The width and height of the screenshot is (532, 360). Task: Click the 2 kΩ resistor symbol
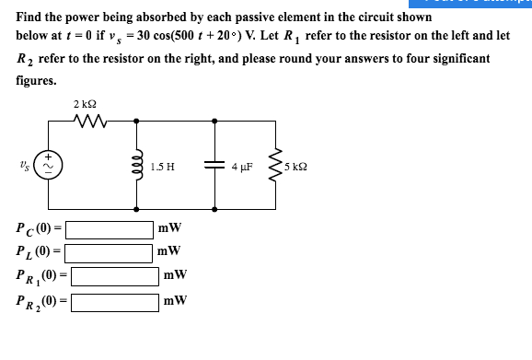(x=91, y=121)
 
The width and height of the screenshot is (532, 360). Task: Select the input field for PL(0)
(x=109, y=251)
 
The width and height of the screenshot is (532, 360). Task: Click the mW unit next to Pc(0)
(x=169, y=227)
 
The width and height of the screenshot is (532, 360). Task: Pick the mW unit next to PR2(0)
(x=175, y=300)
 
